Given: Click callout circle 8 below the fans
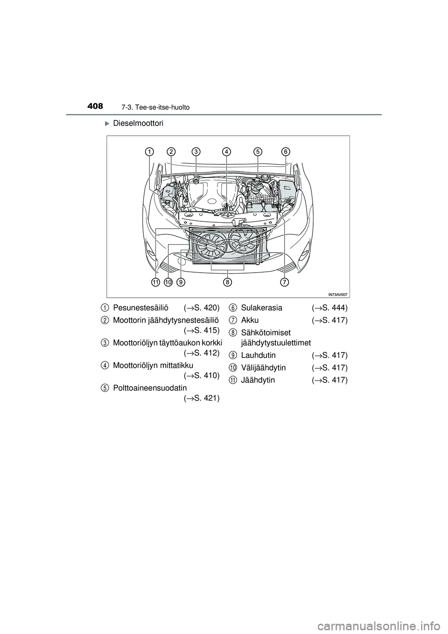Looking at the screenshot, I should tap(227, 282).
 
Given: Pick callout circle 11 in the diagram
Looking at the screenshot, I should tap(155, 282).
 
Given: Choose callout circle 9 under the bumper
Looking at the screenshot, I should tap(181, 282).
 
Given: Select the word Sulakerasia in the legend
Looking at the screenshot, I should tap(262, 308).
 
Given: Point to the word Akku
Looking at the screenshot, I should tap(250, 320).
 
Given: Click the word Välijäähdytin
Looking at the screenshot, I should tap(264, 368).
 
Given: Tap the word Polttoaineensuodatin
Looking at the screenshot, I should tap(150, 388).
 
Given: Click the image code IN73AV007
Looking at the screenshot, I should tap(338, 294).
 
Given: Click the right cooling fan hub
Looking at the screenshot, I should tap(243, 242).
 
